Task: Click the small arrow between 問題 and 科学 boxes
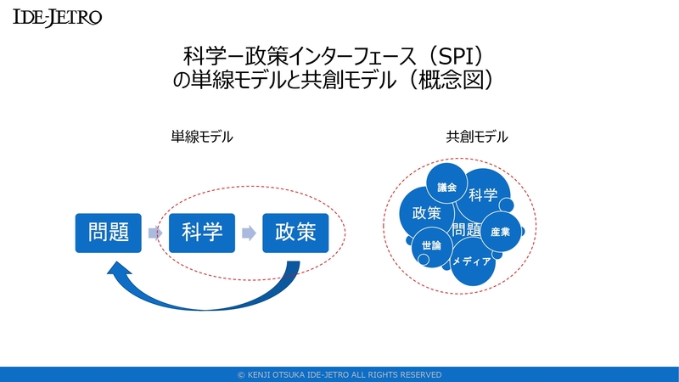154,232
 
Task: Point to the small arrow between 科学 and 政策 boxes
248,232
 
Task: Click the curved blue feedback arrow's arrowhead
115,270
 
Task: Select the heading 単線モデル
201,136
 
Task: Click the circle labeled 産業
500,232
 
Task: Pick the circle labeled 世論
431,245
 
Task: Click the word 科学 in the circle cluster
483,196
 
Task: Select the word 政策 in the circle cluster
426,213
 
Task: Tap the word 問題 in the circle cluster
466,229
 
